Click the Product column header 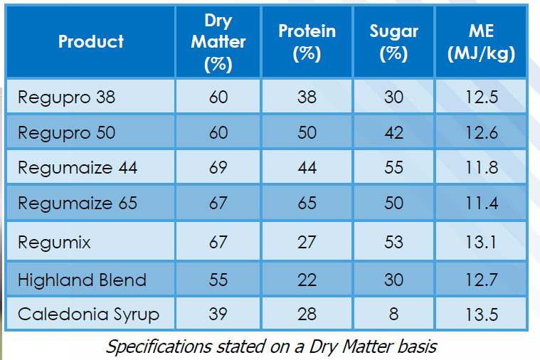click(91, 42)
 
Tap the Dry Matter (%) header click(218, 43)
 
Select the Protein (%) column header click(307, 43)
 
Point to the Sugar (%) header click(393, 43)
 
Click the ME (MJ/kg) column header click(481, 43)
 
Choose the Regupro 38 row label click(66, 97)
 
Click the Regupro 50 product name click(66, 133)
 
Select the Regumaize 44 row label click(78, 168)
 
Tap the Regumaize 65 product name click(78, 203)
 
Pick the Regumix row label click(54, 242)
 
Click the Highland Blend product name click(82, 280)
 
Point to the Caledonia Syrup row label click(88, 314)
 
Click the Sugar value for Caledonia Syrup click(393, 314)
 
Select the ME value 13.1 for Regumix click(481, 242)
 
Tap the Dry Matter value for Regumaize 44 click(218, 168)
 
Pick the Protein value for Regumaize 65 click(307, 203)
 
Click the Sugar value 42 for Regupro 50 click(393, 133)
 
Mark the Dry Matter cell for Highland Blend click(218, 280)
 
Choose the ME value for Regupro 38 click(482, 97)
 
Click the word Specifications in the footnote click(158, 346)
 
